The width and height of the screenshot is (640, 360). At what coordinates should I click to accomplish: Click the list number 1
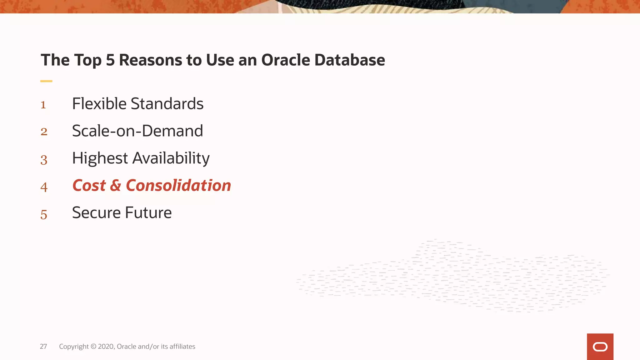coord(43,105)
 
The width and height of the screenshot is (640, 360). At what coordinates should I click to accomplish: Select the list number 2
coord(44,132)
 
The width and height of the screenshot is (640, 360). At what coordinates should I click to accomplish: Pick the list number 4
coord(44,187)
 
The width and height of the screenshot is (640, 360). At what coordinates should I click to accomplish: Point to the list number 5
coord(44,215)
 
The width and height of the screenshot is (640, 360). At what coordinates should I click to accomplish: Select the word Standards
coord(167,104)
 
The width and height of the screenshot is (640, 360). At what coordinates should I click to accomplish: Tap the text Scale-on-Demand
coord(137,131)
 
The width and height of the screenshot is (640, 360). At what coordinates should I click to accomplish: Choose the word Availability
coord(171,158)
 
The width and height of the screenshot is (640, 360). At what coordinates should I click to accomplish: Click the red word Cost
coord(89,185)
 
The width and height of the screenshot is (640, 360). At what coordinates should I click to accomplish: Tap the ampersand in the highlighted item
coord(115,185)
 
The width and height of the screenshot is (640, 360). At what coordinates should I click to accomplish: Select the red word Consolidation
coord(178,185)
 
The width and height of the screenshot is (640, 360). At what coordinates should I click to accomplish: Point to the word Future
coord(148,213)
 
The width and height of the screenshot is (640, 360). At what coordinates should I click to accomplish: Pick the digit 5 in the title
coord(110,60)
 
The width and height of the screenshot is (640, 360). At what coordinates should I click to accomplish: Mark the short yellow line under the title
coord(46,81)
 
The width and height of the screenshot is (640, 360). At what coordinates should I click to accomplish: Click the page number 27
coord(43,346)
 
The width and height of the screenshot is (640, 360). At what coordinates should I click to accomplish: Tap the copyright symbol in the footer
coord(93,346)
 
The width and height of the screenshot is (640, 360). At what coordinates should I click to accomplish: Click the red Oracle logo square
coord(600,347)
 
